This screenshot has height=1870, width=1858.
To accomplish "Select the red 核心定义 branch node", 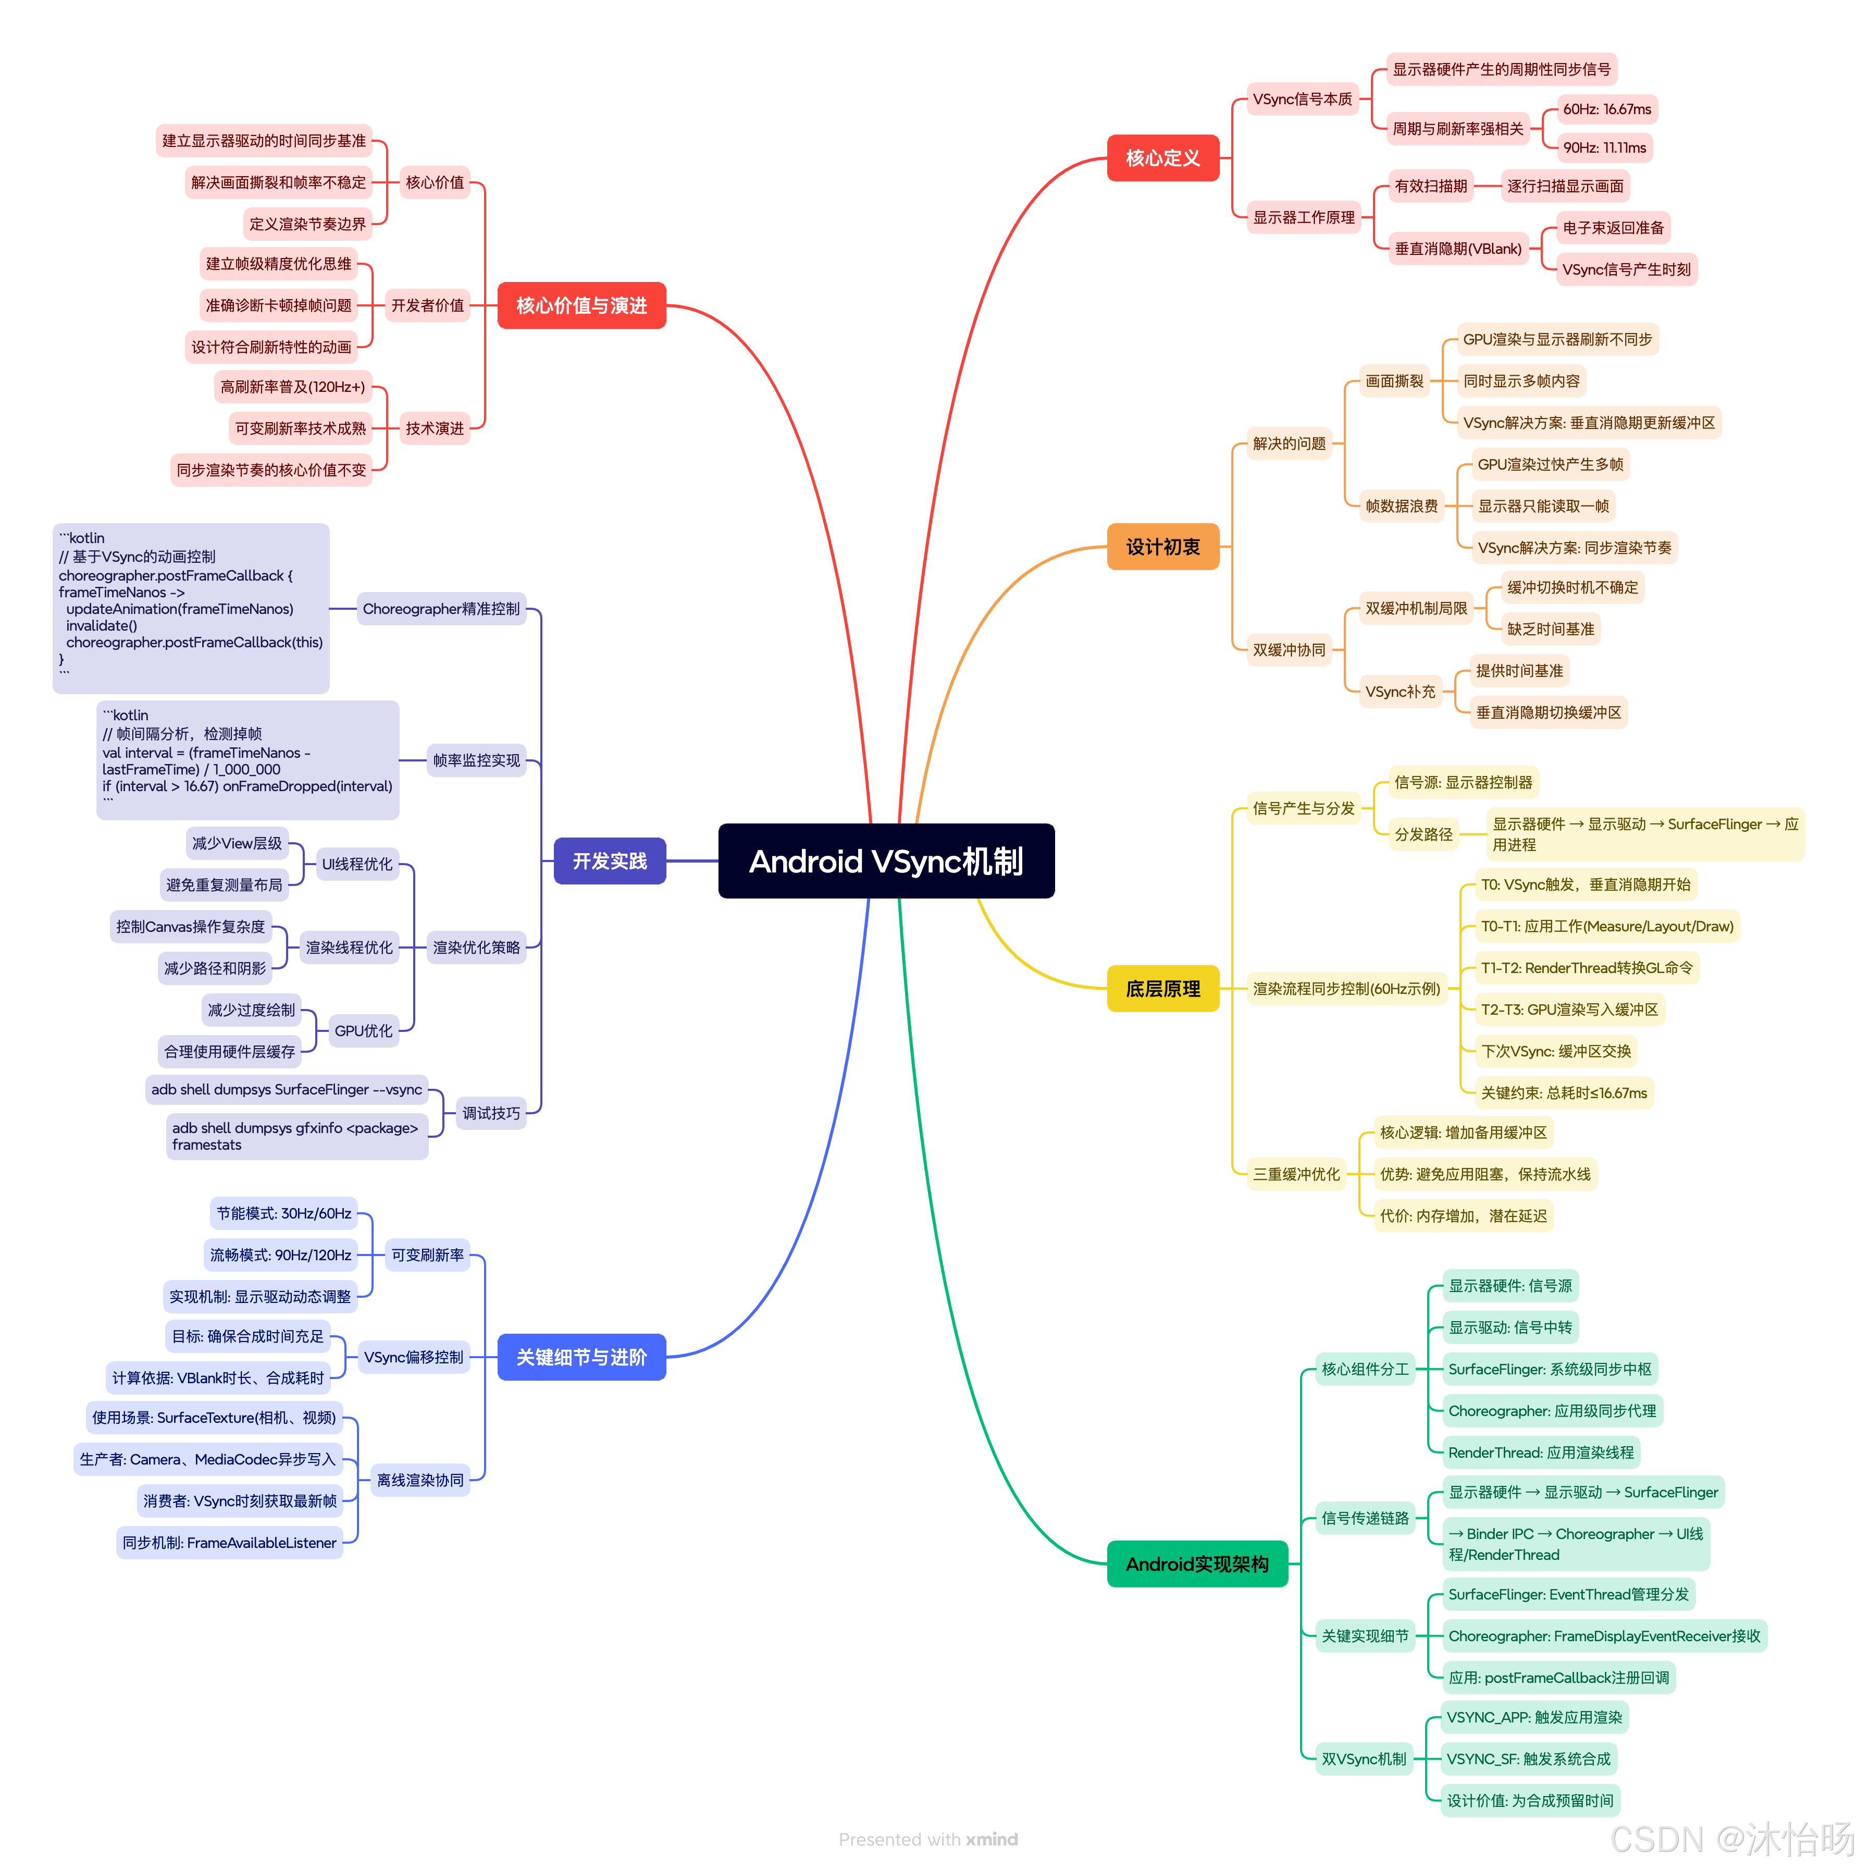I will coord(1162,158).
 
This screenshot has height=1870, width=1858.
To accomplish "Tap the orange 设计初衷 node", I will coord(1162,547).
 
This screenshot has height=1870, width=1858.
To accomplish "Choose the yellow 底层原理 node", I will coord(1162,988).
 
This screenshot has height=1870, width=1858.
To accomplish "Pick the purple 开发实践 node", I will coord(610,860).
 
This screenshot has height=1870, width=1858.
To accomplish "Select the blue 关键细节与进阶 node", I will coord(580,1357).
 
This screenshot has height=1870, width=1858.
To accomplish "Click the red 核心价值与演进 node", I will coord(580,305).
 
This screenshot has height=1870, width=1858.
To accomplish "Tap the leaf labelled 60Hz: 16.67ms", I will coord(1606,109).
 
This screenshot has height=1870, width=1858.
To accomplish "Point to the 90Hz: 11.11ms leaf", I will coord(1604,148).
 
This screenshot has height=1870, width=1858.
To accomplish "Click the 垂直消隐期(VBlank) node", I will coord(1457,249).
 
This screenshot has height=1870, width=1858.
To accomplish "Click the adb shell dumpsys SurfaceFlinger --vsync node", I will coord(287,1090).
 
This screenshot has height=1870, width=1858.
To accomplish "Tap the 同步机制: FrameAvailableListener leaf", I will coord(229,1543).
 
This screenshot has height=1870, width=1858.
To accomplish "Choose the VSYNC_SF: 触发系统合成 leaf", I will coord(1528,1758).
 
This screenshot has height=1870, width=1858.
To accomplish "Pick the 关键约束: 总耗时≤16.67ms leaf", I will coord(1563,1093).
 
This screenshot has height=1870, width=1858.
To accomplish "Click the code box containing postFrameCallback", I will coord(191,608).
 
